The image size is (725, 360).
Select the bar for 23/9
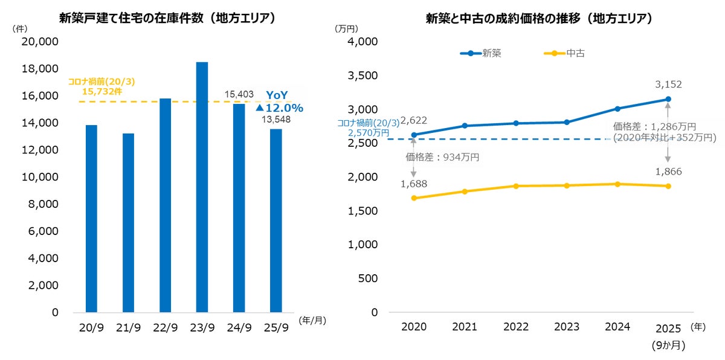pos(202,187)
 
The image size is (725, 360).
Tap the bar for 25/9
pos(275,220)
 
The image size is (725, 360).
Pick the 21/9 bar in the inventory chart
pos(128,223)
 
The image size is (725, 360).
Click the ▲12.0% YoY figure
pos(279,108)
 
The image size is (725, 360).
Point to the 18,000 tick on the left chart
pos(40,69)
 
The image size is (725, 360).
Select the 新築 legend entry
pos(491,53)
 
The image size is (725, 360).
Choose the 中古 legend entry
pos(575,53)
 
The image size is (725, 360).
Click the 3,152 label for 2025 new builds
pos(669,85)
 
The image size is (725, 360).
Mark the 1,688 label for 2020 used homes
pos(414,184)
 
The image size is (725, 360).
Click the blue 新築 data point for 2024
pos(617,109)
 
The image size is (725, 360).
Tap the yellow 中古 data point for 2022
pos(515,186)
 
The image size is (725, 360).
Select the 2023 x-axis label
pos(566,327)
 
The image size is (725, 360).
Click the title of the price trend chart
pos(540,18)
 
